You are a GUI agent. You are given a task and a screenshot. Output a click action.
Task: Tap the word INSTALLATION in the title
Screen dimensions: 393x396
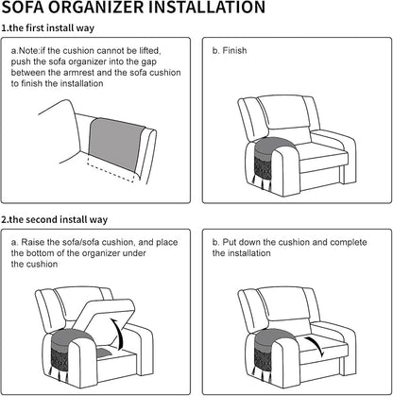click(x=207, y=7)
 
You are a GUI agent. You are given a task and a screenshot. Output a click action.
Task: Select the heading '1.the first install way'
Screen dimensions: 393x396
click(x=48, y=28)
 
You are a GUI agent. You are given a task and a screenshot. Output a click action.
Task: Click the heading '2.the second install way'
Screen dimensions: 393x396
click(x=55, y=219)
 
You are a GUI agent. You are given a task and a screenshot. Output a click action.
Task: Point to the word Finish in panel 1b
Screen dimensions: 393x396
click(x=234, y=50)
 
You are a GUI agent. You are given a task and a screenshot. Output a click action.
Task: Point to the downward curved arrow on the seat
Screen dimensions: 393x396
click(x=316, y=346)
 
